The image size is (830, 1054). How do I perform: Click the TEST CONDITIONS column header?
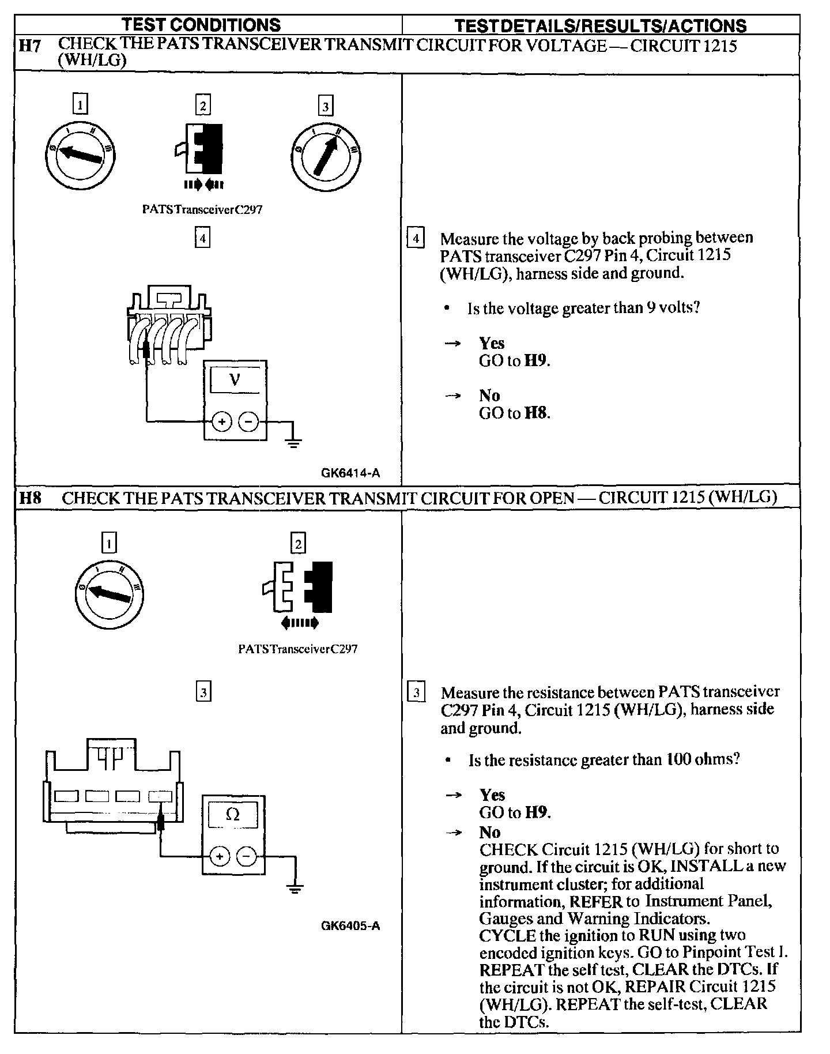point(202,25)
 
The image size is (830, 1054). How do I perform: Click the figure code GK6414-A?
point(350,473)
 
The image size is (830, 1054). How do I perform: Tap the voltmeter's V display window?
point(235,380)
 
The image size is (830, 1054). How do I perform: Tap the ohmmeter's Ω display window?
point(233,815)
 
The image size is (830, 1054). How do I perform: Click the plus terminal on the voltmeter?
point(221,422)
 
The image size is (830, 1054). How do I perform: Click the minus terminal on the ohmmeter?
point(247,857)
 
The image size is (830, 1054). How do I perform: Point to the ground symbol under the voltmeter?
point(293,443)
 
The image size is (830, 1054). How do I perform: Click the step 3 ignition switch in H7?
point(326,153)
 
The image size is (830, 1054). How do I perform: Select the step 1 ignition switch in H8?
point(109,594)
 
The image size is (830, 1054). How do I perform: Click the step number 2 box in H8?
point(298,543)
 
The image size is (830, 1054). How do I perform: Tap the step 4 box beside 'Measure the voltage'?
point(416,238)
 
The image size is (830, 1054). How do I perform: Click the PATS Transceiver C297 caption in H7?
point(202,210)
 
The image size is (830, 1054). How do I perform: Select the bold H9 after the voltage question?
point(536,361)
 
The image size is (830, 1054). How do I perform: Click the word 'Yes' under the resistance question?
point(492,795)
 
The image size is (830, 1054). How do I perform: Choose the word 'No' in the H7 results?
point(489,396)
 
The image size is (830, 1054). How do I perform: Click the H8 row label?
point(30,498)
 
